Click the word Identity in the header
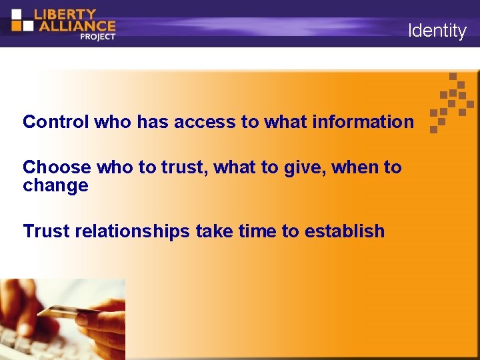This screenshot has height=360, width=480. pyautogui.click(x=437, y=31)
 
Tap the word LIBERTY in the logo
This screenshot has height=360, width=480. pyautogui.click(x=65, y=13)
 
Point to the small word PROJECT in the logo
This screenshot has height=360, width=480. pyautogui.click(x=97, y=37)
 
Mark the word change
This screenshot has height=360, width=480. pyautogui.click(x=55, y=185)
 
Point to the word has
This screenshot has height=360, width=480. pyautogui.click(x=153, y=122)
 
